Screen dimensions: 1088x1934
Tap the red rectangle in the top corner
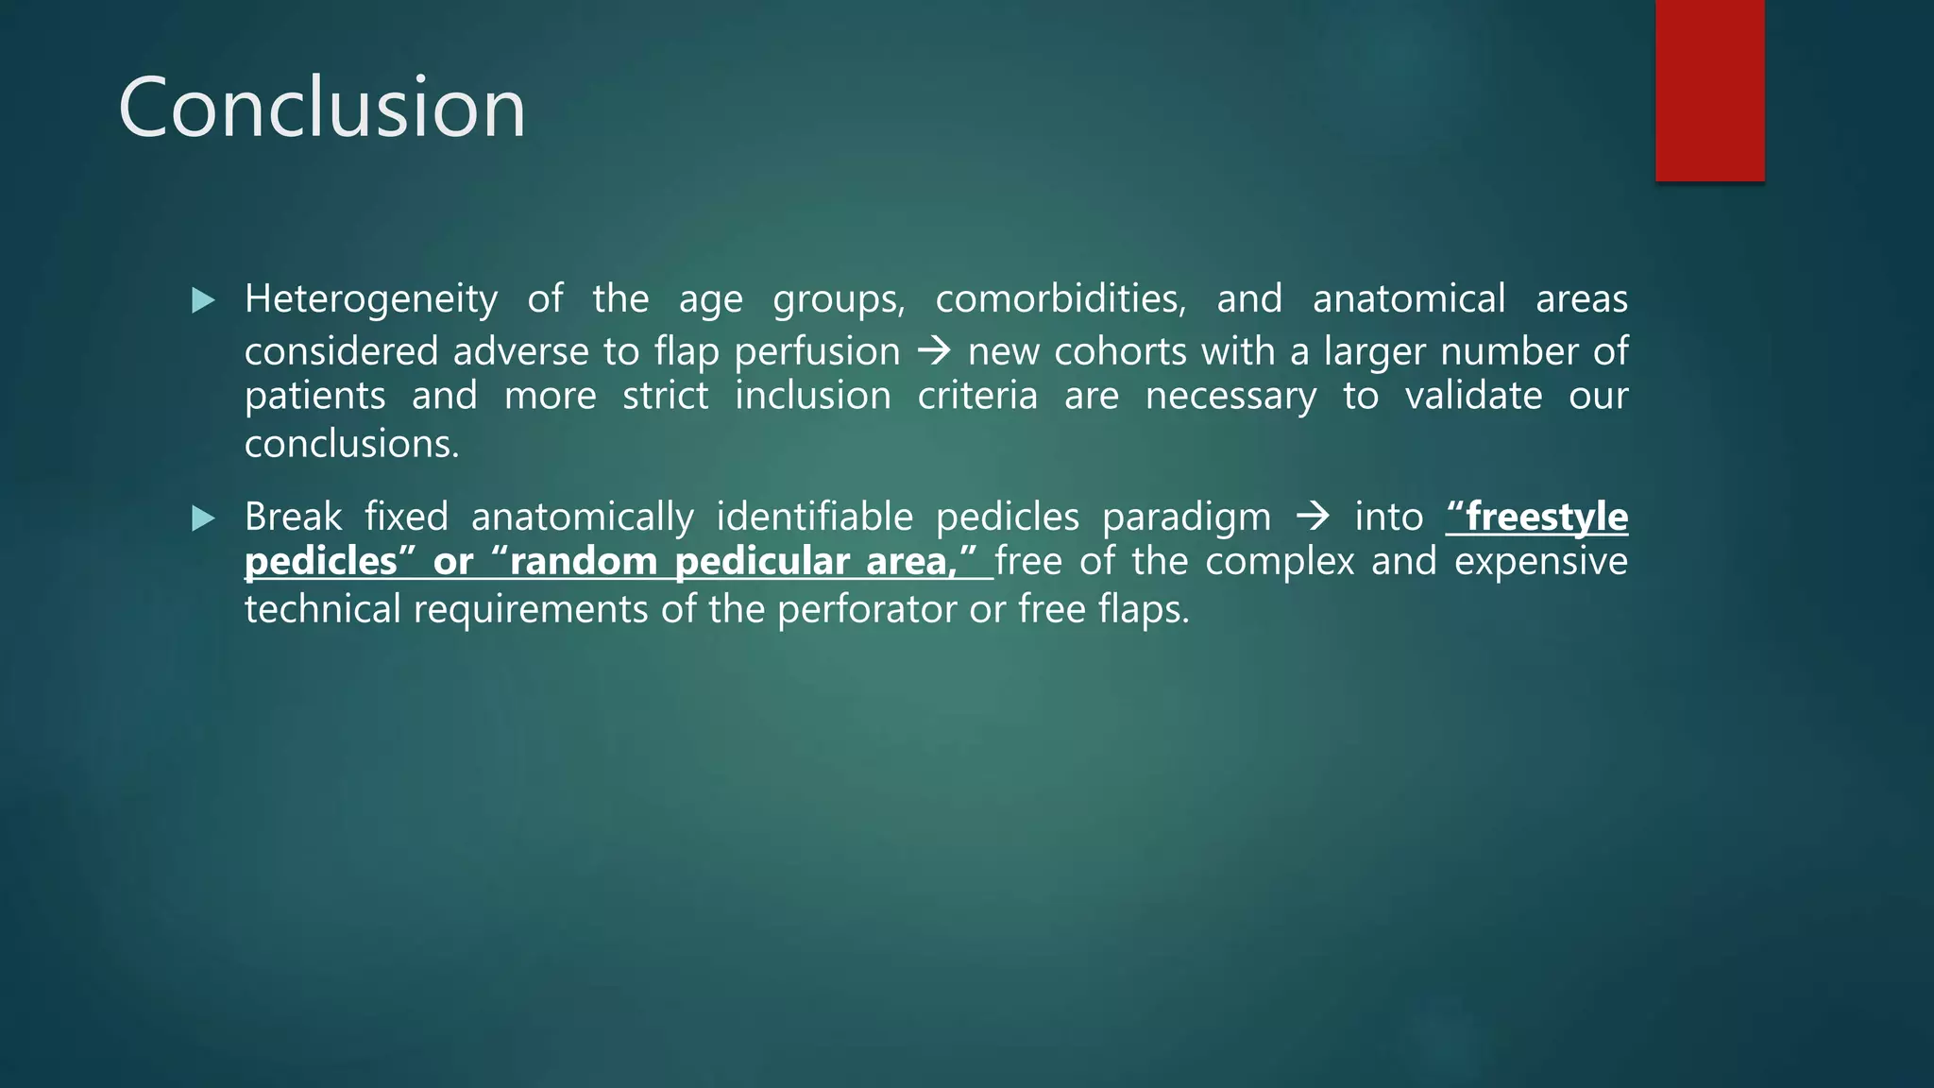(x=1709, y=90)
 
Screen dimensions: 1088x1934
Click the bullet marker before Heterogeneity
(x=203, y=300)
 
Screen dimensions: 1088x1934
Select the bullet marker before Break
(x=203, y=518)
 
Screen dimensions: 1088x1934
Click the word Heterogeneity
(x=370, y=300)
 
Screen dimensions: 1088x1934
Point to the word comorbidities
(x=1060, y=299)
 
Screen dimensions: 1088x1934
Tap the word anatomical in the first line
(x=1408, y=299)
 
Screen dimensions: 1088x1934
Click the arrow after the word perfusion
(x=934, y=351)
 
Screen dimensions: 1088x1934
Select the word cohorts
(x=1120, y=351)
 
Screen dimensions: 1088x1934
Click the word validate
(x=1473, y=396)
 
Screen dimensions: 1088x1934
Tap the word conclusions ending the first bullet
(x=351, y=444)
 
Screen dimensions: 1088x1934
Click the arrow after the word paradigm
(x=1313, y=517)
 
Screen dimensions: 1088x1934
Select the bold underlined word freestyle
(x=1546, y=517)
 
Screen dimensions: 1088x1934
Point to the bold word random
(x=583, y=562)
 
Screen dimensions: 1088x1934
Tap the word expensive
(x=1540, y=562)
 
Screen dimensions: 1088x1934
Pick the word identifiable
(x=814, y=518)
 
